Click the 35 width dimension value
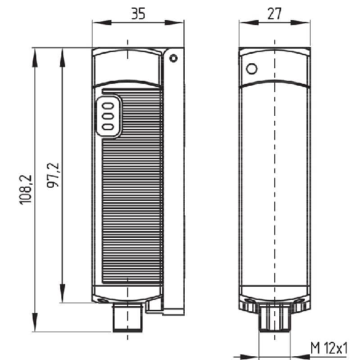tap(138, 14)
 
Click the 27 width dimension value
tap(274, 14)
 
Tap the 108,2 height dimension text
tap(26, 190)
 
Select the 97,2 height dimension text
tap(53, 175)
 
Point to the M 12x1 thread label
tap(329, 348)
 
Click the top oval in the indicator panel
tap(108, 106)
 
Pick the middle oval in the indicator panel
tap(108, 116)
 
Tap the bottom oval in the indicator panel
tap(108, 127)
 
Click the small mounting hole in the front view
tap(173, 58)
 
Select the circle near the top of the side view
tap(252, 69)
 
